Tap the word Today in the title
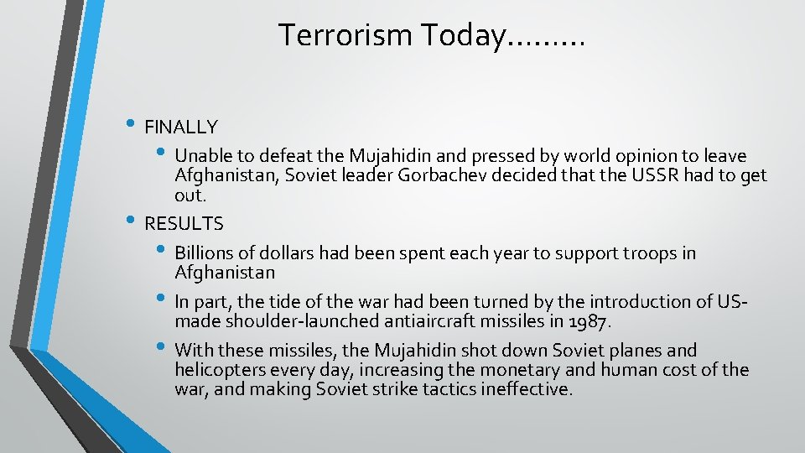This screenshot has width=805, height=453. click(461, 35)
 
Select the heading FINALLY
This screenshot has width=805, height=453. click(181, 128)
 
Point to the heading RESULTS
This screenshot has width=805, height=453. click(184, 224)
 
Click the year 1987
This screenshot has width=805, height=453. click(591, 321)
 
